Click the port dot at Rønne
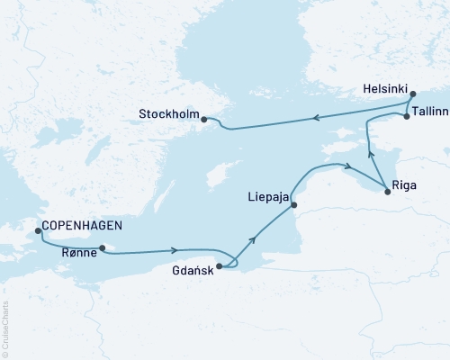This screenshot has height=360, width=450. tap(103, 248)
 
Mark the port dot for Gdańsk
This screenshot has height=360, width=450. tap(220, 265)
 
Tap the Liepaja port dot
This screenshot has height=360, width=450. tap(293, 205)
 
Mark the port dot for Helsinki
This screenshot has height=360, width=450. tap(412, 94)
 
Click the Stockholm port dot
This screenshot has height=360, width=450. tap(203, 119)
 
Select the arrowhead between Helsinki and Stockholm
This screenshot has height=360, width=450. tap(316, 116)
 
